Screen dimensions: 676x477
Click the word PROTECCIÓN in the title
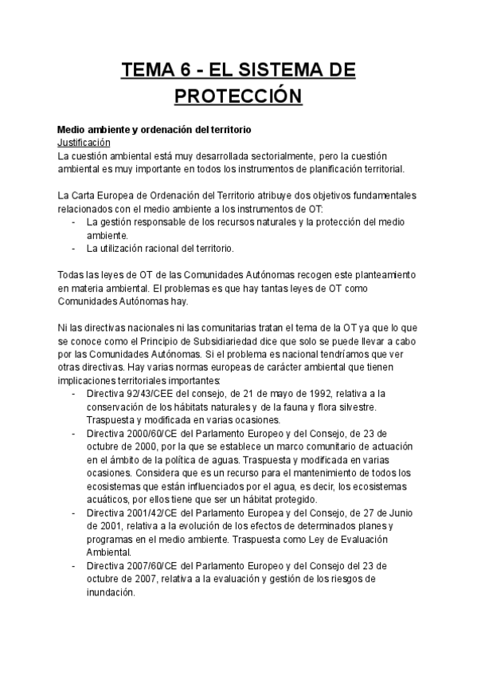pyautogui.click(x=238, y=98)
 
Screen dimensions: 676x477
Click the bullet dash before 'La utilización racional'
pyautogui.click(x=74, y=249)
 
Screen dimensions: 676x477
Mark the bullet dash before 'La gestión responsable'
pyautogui.click(x=74, y=222)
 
